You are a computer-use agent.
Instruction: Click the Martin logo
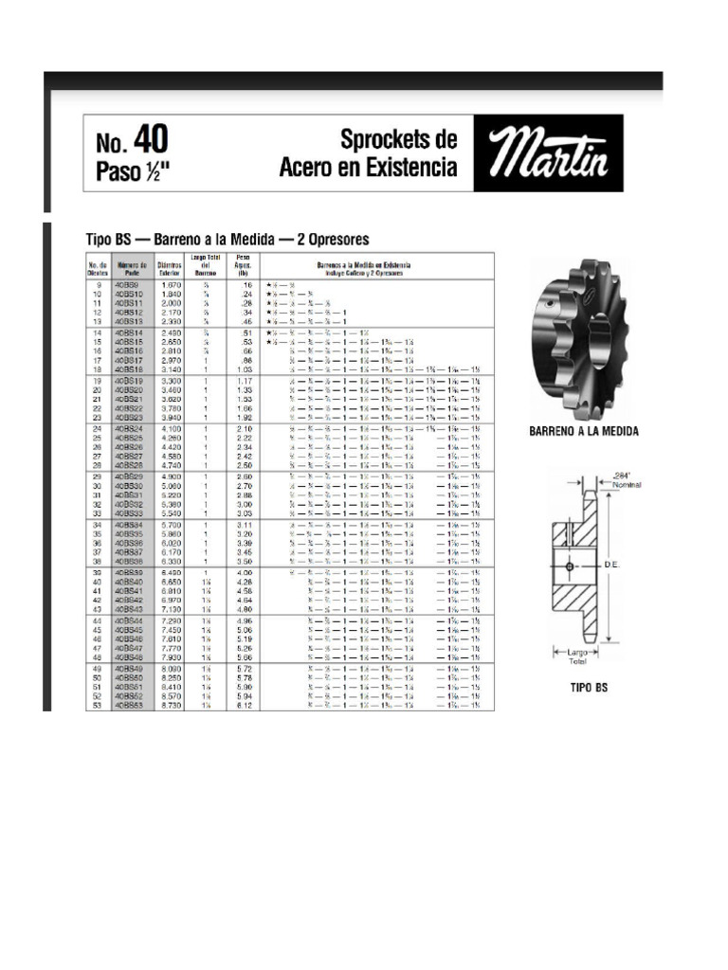pyautogui.click(x=548, y=153)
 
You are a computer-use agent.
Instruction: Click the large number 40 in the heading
pyautogui.click(x=150, y=140)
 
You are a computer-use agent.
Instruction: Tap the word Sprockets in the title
pyautogui.click(x=398, y=140)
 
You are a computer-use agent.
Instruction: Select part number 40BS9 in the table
pyautogui.click(x=127, y=284)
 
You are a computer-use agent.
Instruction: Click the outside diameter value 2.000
pyautogui.click(x=172, y=303)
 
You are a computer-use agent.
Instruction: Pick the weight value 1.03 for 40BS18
pyautogui.click(x=244, y=369)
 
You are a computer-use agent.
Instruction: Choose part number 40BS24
pyautogui.click(x=129, y=428)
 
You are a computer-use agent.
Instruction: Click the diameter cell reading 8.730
pyautogui.click(x=172, y=706)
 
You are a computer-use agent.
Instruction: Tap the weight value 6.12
pyautogui.click(x=244, y=706)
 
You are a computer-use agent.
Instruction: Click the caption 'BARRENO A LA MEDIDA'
pyautogui.click(x=583, y=431)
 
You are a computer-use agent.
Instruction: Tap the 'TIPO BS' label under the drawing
pyautogui.click(x=588, y=689)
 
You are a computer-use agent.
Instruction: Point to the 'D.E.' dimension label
pyautogui.click(x=611, y=564)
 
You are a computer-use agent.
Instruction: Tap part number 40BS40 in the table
pyautogui.click(x=129, y=581)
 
